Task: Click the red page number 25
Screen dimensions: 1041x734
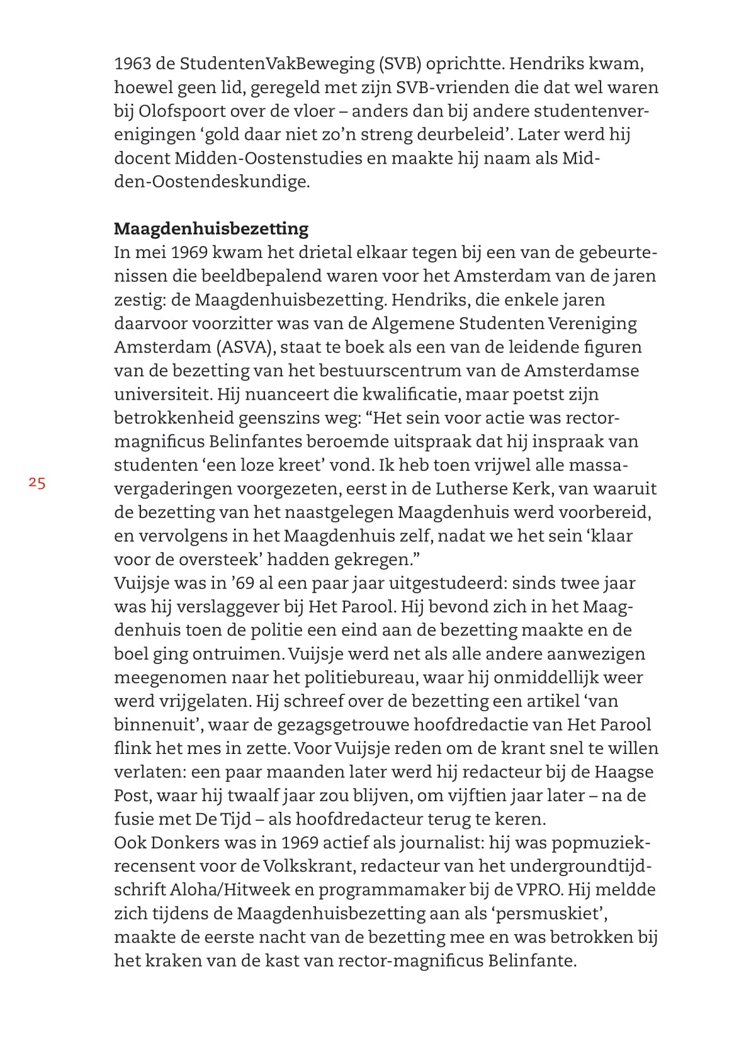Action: click(x=37, y=483)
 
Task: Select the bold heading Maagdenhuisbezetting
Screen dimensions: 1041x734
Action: click(x=211, y=228)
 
